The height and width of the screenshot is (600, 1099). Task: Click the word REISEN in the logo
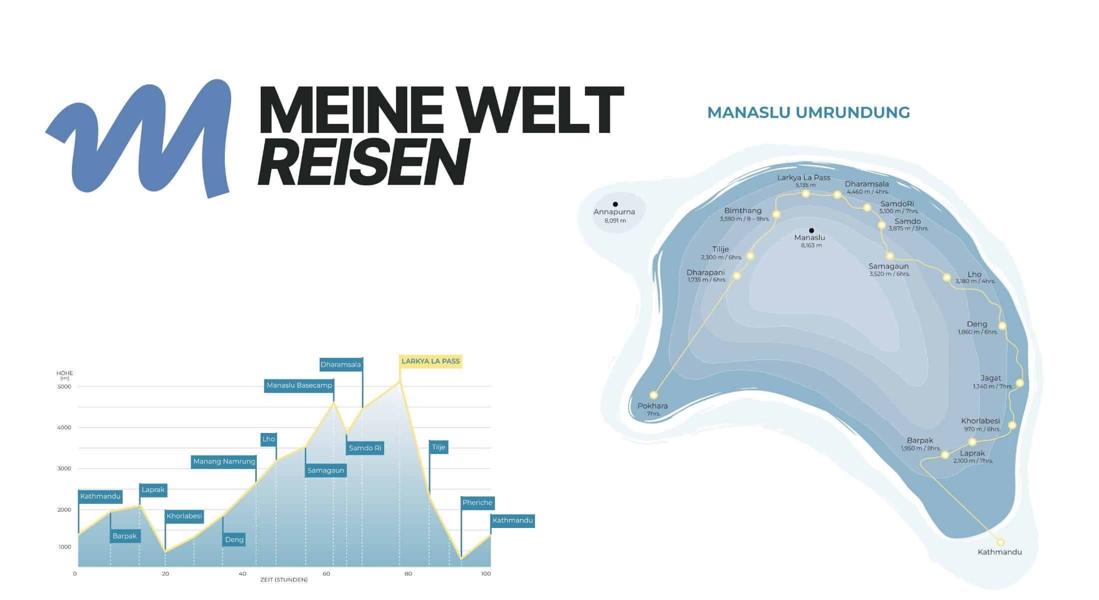364,162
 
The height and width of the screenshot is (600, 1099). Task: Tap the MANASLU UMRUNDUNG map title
808,112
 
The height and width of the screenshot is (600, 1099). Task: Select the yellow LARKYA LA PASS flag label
431,361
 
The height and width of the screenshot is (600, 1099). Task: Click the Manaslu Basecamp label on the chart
299,385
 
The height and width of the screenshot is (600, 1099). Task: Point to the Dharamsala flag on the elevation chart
341,364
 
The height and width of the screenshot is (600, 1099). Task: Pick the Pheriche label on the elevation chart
477,502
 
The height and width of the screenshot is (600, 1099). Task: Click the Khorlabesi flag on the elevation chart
184,516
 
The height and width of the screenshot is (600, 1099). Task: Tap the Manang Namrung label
224,461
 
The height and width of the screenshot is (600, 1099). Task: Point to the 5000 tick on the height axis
64,386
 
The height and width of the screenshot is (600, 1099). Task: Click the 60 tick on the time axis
326,573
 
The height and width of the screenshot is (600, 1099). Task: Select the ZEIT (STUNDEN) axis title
284,580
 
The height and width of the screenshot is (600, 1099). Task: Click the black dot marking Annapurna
615,204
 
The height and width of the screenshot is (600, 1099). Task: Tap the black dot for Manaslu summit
811,230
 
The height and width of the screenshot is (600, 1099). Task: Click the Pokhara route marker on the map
653,395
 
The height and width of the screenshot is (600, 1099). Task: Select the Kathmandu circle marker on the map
1000,542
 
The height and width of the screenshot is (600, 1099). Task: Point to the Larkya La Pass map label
804,178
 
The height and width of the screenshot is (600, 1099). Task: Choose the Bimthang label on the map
743,211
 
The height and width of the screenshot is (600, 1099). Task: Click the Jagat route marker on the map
1020,383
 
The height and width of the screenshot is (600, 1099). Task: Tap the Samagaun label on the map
888,266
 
